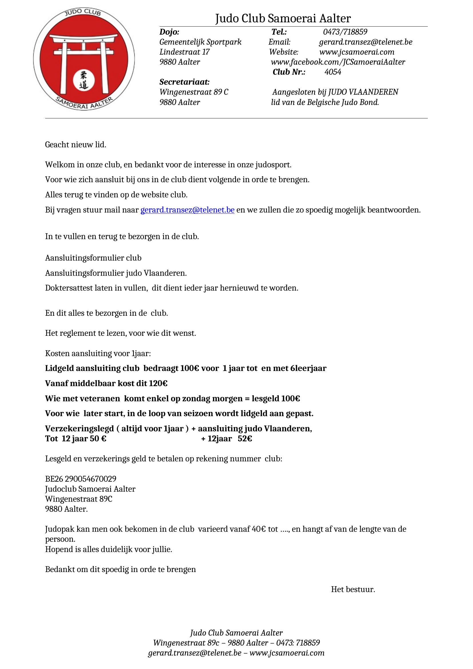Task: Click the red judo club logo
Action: (84, 60)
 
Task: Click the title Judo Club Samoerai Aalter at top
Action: (283, 19)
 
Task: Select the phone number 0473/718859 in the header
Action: (345, 32)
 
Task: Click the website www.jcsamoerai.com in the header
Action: (357, 52)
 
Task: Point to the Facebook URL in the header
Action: (338, 62)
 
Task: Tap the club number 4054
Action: (333, 72)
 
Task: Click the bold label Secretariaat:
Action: (184, 82)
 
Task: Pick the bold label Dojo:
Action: (169, 32)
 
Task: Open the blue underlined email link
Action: (187, 210)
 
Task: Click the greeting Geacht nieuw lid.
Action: (75, 144)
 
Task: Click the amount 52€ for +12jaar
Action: (245, 438)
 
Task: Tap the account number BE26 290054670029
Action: (80, 479)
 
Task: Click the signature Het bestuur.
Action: (353, 589)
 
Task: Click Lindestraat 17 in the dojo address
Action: (184, 52)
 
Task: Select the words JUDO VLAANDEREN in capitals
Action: (363, 92)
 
